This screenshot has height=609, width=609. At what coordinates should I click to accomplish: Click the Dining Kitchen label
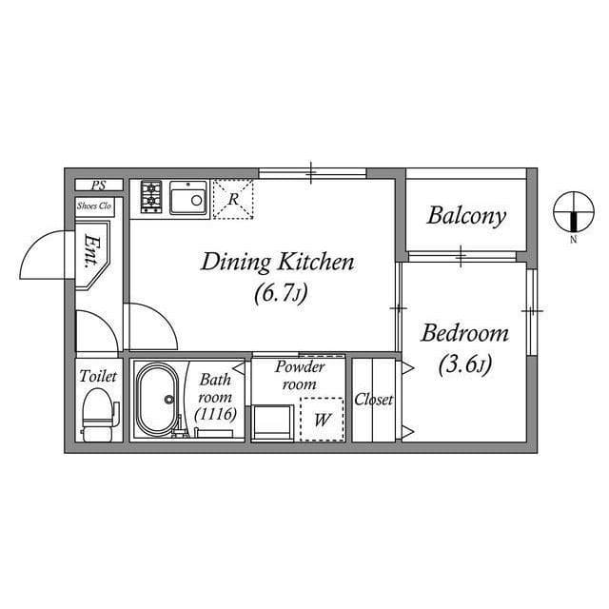(277, 262)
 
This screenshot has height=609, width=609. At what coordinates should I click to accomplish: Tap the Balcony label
(465, 215)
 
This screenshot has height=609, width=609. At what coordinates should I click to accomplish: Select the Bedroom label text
(464, 334)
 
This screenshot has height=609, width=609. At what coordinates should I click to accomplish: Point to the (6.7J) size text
(279, 293)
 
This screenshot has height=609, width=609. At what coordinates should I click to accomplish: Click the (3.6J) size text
(464, 363)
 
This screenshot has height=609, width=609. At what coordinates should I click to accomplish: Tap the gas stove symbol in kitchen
(151, 196)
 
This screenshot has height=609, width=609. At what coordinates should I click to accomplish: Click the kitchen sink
(189, 199)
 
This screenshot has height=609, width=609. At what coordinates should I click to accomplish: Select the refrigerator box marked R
(233, 199)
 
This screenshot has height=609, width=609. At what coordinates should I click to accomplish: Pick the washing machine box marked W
(322, 420)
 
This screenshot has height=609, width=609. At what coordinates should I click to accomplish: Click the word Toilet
(97, 377)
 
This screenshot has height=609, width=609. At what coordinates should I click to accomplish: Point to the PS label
(97, 186)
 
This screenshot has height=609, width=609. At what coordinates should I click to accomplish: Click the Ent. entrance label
(93, 250)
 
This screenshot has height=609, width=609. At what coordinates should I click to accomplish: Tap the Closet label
(373, 400)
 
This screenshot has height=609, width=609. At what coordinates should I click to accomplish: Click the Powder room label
(300, 374)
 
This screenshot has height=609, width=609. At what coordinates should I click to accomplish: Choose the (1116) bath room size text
(215, 414)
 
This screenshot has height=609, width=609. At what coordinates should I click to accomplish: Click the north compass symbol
(574, 212)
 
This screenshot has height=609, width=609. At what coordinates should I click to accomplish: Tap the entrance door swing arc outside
(43, 255)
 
